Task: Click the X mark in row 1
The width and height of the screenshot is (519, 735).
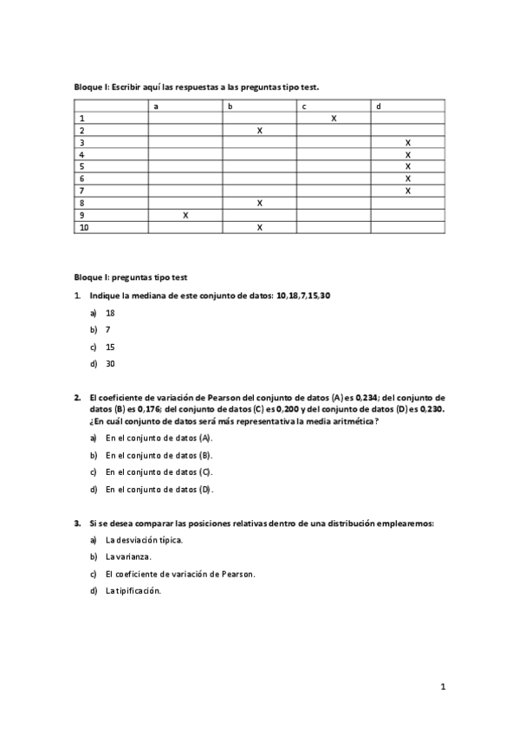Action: coord(334,118)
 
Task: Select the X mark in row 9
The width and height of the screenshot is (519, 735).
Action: coord(185,215)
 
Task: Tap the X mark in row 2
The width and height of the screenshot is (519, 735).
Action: coord(260,130)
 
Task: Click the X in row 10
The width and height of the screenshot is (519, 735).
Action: coord(260,227)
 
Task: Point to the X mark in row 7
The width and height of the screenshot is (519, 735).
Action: coord(407,191)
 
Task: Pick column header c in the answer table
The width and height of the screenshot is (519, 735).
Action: coord(304,106)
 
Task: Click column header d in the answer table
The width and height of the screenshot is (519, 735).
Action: coord(379,106)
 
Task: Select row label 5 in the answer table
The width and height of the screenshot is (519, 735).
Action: coord(81,166)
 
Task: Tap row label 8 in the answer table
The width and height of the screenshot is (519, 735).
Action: coord(81,203)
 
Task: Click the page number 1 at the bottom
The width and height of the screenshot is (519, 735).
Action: coord(443,687)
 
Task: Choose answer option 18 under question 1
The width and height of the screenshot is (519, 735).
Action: coord(110,313)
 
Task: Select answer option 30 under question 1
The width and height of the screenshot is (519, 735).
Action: coord(110,364)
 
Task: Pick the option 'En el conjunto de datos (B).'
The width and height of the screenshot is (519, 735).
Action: coord(159,455)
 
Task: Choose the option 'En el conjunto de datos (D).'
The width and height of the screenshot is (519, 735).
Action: coord(159,489)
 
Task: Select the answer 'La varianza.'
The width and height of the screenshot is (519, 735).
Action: coord(127,556)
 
